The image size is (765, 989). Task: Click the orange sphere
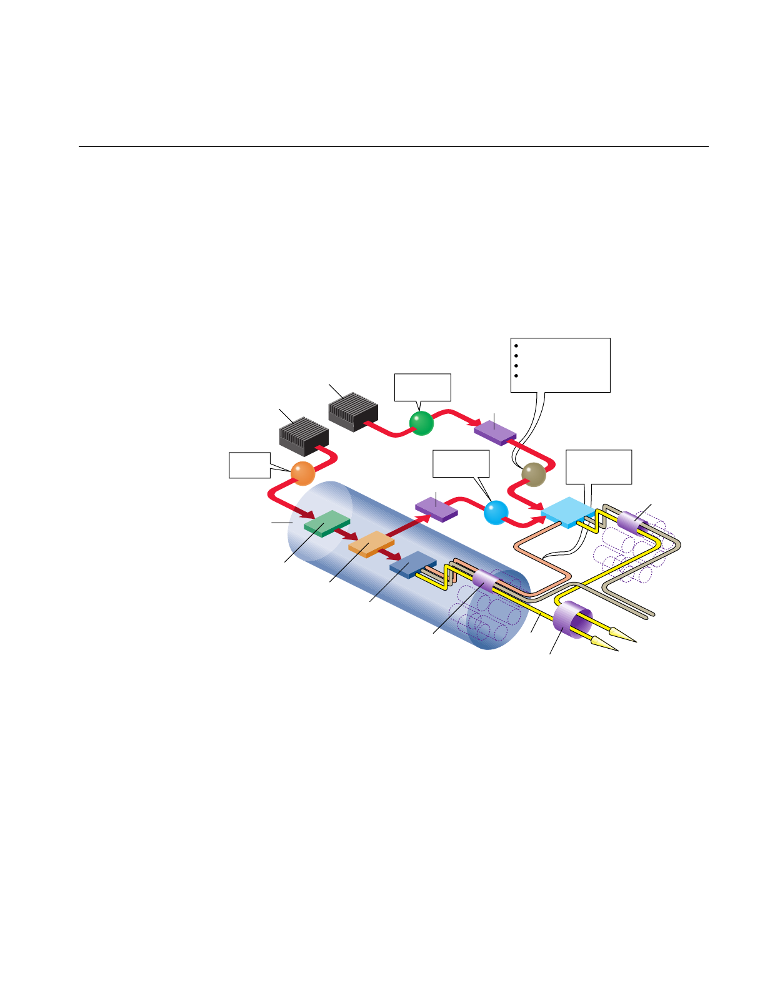click(x=303, y=473)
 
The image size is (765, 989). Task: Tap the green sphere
click(x=421, y=423)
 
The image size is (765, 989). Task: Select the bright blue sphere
click(x=496, y=512)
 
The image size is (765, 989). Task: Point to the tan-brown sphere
click(x=534, y=475)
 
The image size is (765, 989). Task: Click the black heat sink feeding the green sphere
click(x=353, y=411)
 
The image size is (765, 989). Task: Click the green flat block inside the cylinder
click(x=326, y=523)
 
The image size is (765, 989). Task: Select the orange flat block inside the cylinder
click(x=371, y=544)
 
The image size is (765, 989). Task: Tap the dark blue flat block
click(x=412, y=564)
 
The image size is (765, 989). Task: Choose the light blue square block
click(x=567, y=512)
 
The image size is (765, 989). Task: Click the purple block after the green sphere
click(x=495, y=431)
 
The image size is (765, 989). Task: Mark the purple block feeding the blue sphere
click(x=436, y=508)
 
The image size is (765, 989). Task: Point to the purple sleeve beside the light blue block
click(x=632, y=523)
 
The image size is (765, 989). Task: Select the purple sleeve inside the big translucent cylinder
click(x=486, y=581)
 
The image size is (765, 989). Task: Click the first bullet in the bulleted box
click(x=516, y=345)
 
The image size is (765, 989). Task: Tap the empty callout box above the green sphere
click(x=422, y=387)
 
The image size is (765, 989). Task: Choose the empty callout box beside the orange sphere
click(x=249, y=465)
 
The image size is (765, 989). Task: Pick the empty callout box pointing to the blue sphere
click(x=461, y=464)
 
